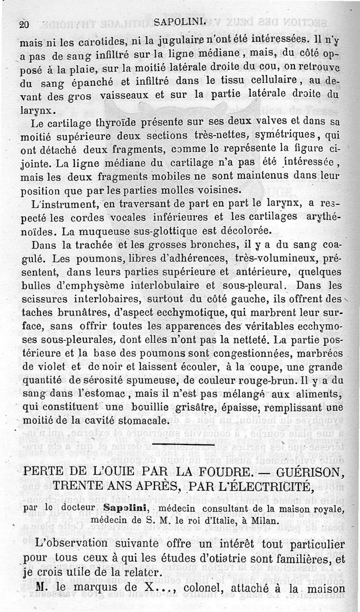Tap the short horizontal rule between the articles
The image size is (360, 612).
click(184, 444)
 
